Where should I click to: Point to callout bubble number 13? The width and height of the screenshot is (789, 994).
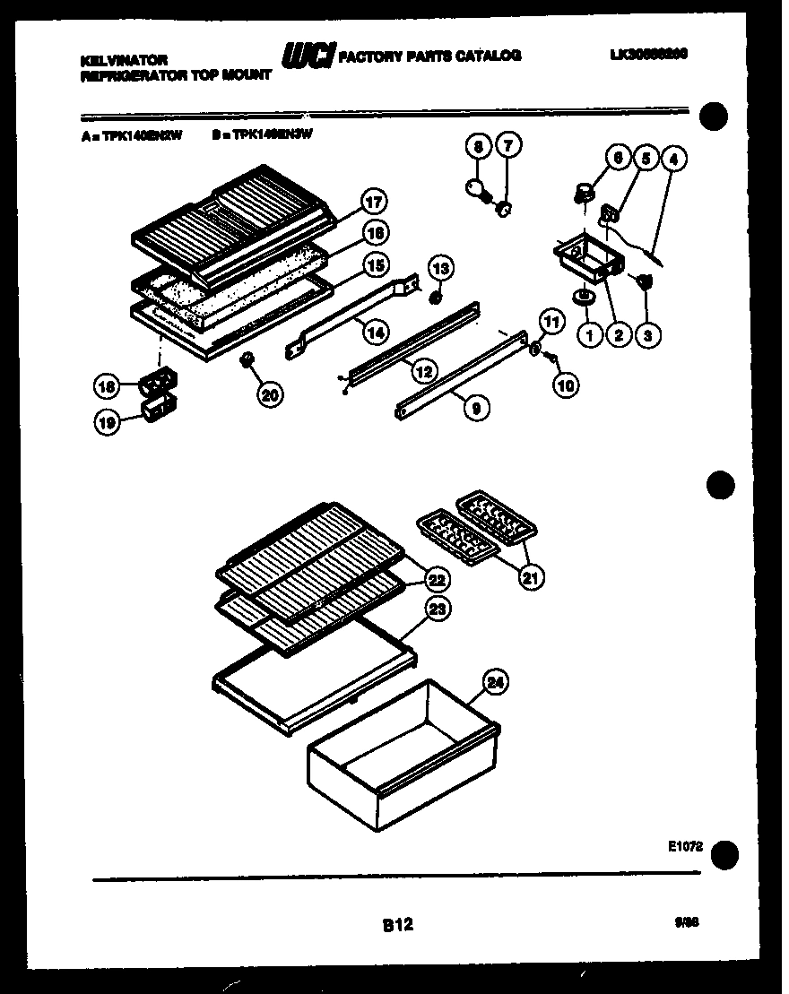(x=440, y=267)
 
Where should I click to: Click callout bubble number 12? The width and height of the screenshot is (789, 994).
(x=415, y=367)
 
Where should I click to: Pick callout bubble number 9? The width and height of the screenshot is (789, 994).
(x=475, y=408)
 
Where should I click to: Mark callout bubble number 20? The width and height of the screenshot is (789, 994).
(x=267, y=393)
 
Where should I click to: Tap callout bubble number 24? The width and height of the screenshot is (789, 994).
(x=496, y=682)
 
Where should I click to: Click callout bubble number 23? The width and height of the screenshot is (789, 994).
(x=437, y=609)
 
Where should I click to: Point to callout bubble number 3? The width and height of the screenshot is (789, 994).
(x=646, y=336)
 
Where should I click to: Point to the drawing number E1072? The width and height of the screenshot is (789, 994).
(x=683, y=845)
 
